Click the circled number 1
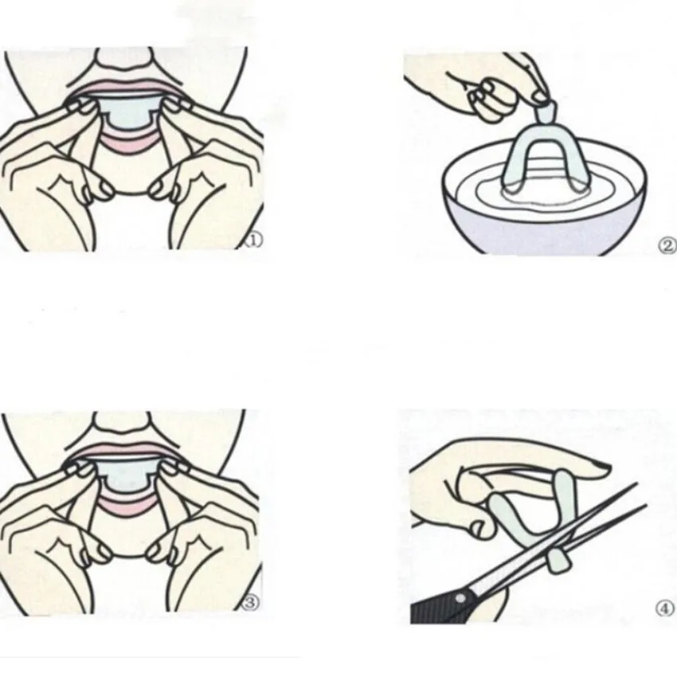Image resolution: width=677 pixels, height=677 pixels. pyautogui.click(x=253, y=240)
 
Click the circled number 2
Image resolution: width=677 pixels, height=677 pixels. pyautogui.click(x=667, y=245)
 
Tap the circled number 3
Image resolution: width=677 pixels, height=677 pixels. pyautogui.click(x=251, y=603)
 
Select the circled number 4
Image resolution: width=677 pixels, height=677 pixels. pyautogui.click(x=665, y=609)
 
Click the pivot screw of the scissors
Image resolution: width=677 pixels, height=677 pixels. pyautogui.click(x=461, y=599)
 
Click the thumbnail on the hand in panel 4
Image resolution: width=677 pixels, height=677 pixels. pyautogui.click(x=601, y=465)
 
